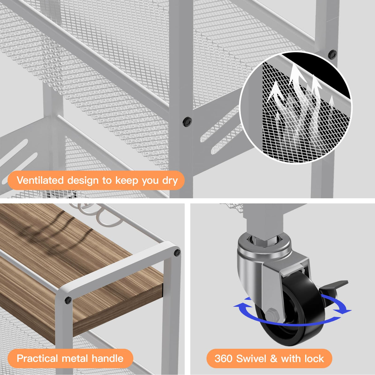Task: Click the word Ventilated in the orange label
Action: [40, 180]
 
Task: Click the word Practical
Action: [37, 358]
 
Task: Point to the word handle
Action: [107, 358]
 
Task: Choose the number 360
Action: [223, 358]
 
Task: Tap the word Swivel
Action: [251, 358]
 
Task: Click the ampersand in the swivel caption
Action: [274, 359]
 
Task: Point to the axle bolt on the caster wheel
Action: [271, 314]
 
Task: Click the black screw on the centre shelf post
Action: [187, 122]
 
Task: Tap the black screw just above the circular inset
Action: [332, 54]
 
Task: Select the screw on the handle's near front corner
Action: [68, 300]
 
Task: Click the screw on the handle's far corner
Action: [177, 253]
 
